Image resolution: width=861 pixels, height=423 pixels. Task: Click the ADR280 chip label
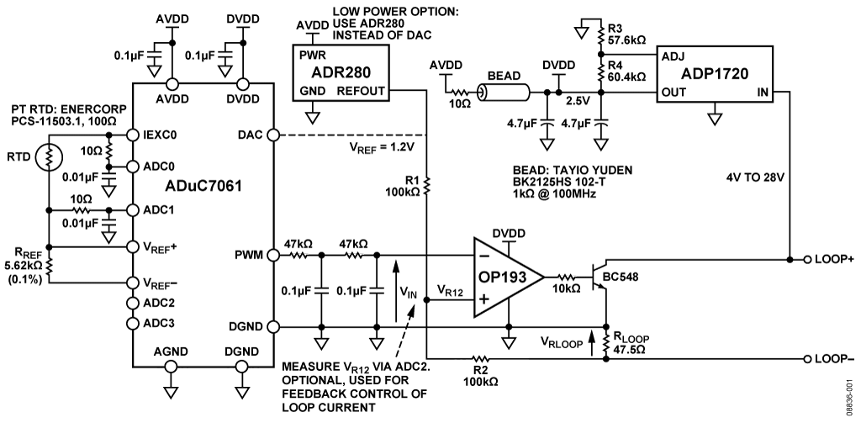point(341,72)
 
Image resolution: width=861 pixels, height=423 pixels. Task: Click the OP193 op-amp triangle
point(504,276)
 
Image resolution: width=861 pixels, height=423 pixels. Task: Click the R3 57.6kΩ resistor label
point(627,33)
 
